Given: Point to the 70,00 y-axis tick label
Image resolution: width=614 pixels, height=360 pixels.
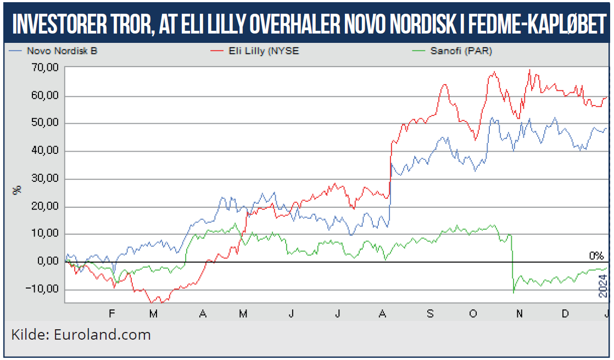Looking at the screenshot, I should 45,68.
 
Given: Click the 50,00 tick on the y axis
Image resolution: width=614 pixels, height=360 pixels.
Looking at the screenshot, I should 45,123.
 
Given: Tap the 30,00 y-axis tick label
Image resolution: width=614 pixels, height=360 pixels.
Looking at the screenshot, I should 45,179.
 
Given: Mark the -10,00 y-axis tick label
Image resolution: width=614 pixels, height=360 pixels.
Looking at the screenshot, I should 44,290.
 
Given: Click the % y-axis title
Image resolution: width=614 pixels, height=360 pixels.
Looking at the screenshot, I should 18,190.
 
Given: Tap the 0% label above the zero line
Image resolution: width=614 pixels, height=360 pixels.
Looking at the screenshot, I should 596,256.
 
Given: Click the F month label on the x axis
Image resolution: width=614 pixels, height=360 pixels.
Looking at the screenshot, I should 112,313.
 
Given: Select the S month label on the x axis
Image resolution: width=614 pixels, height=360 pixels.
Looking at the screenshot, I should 430,313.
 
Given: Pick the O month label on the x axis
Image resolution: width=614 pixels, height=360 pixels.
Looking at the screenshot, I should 473,313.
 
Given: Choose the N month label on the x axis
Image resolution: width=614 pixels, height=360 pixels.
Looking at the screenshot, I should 519,313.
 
